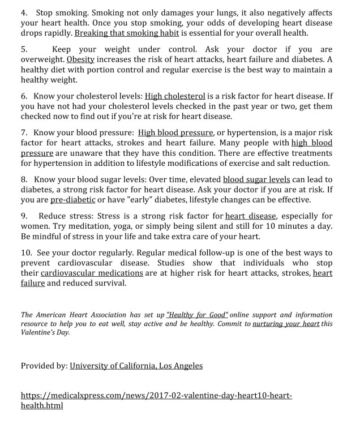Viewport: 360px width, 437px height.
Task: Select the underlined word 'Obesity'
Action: [x=80, y=59]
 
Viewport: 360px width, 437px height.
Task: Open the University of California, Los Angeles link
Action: [x=136, y=366]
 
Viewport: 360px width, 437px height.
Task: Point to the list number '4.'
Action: [x=24, y=12]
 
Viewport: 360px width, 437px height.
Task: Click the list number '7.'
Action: [x=24, y=133]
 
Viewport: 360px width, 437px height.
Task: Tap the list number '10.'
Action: [x=27, y=252]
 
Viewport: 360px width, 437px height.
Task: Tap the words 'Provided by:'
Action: [x=43, y=366]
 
